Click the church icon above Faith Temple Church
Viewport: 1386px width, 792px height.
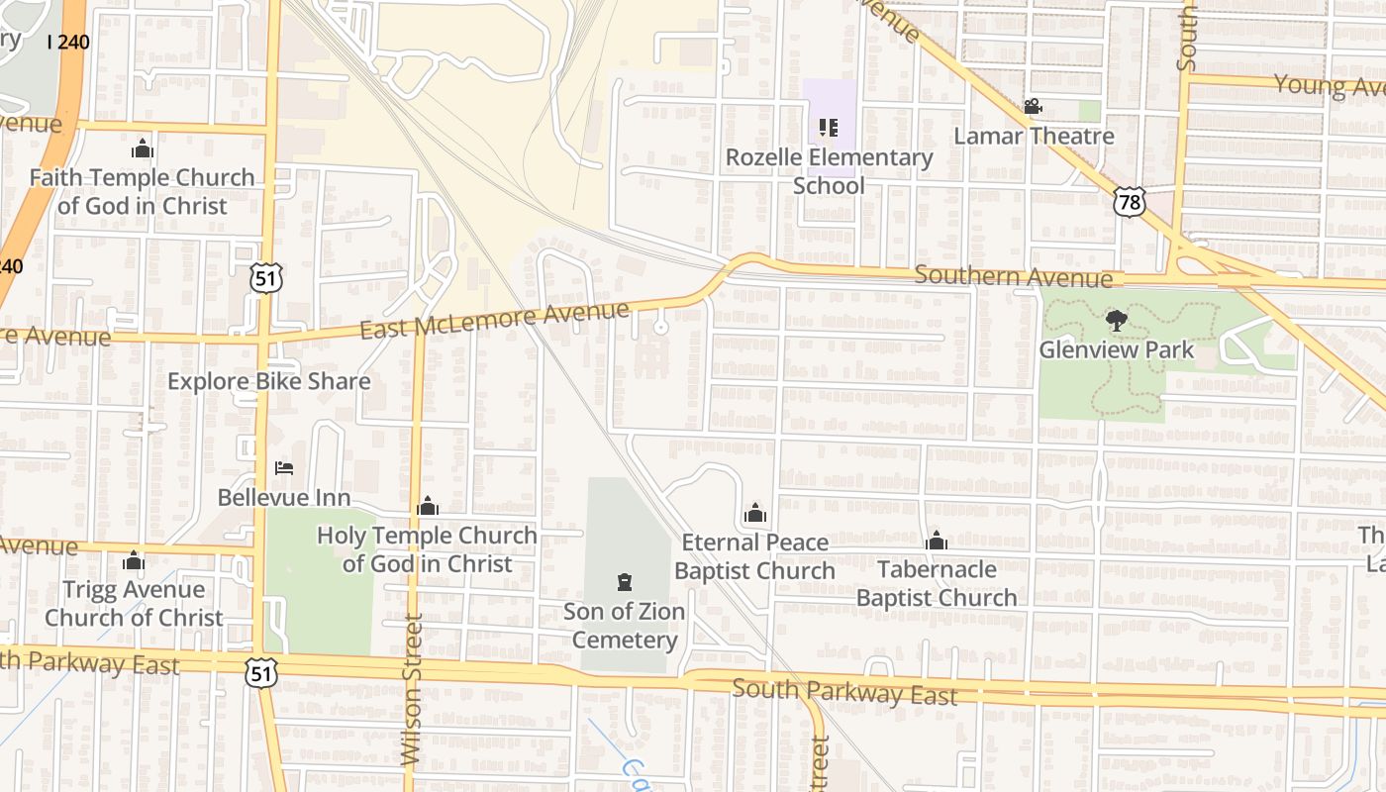click(143, 149)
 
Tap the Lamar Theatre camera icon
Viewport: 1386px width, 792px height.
click(1033, 106)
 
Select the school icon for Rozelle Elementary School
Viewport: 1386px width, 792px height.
click(829, 128)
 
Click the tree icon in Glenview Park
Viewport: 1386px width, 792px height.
click(1116, 321)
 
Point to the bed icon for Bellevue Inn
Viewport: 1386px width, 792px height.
click(284, 467)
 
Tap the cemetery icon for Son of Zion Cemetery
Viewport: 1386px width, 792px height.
click(625, 581)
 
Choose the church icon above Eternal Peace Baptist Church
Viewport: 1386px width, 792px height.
click(754, 513)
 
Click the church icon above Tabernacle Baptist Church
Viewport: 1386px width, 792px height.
click(936, 541)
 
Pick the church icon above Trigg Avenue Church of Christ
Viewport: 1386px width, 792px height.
click(134, 561)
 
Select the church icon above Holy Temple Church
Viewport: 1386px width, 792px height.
click(428, 507)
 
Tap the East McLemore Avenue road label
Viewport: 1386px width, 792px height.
click(494, 321)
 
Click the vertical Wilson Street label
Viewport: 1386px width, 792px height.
click(412, 689)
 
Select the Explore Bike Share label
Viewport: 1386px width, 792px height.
click(269, 381)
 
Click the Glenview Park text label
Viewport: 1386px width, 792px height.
click(1116, 350)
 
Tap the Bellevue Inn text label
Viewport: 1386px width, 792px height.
click(284, 497)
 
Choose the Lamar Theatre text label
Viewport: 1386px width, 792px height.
click(1034, 136)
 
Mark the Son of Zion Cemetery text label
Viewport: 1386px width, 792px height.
click(625, 626)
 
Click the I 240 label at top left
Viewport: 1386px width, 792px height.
click(68, 42)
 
